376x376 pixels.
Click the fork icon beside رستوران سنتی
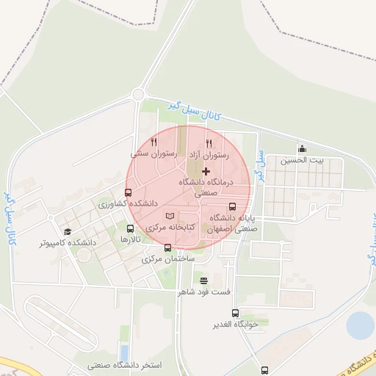tap(153, 142)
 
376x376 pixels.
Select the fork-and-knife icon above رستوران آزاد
tap(209, 143)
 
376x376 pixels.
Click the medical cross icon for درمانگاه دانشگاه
tap(205, 170)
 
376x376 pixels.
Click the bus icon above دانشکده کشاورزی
tap(129, 192)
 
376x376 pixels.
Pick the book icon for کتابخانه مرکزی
tap(170, 217)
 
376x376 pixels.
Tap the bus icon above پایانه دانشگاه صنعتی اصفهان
tap(233, 206)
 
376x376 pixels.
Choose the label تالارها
tap(130, 240)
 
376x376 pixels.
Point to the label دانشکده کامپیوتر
tap(68, 242)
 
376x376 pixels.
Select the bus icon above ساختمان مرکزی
tap(168, 247)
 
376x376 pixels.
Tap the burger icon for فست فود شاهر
tap(203, 280)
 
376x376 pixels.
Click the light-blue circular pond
tap(360, 325)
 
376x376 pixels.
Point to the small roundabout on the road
tap(137, 94)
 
